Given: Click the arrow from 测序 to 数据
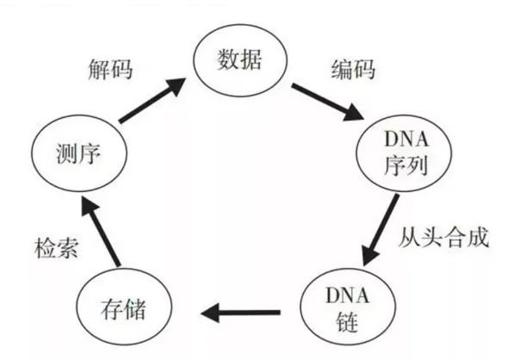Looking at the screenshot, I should coord(152,100).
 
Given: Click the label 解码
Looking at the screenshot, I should coord(111,70).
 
